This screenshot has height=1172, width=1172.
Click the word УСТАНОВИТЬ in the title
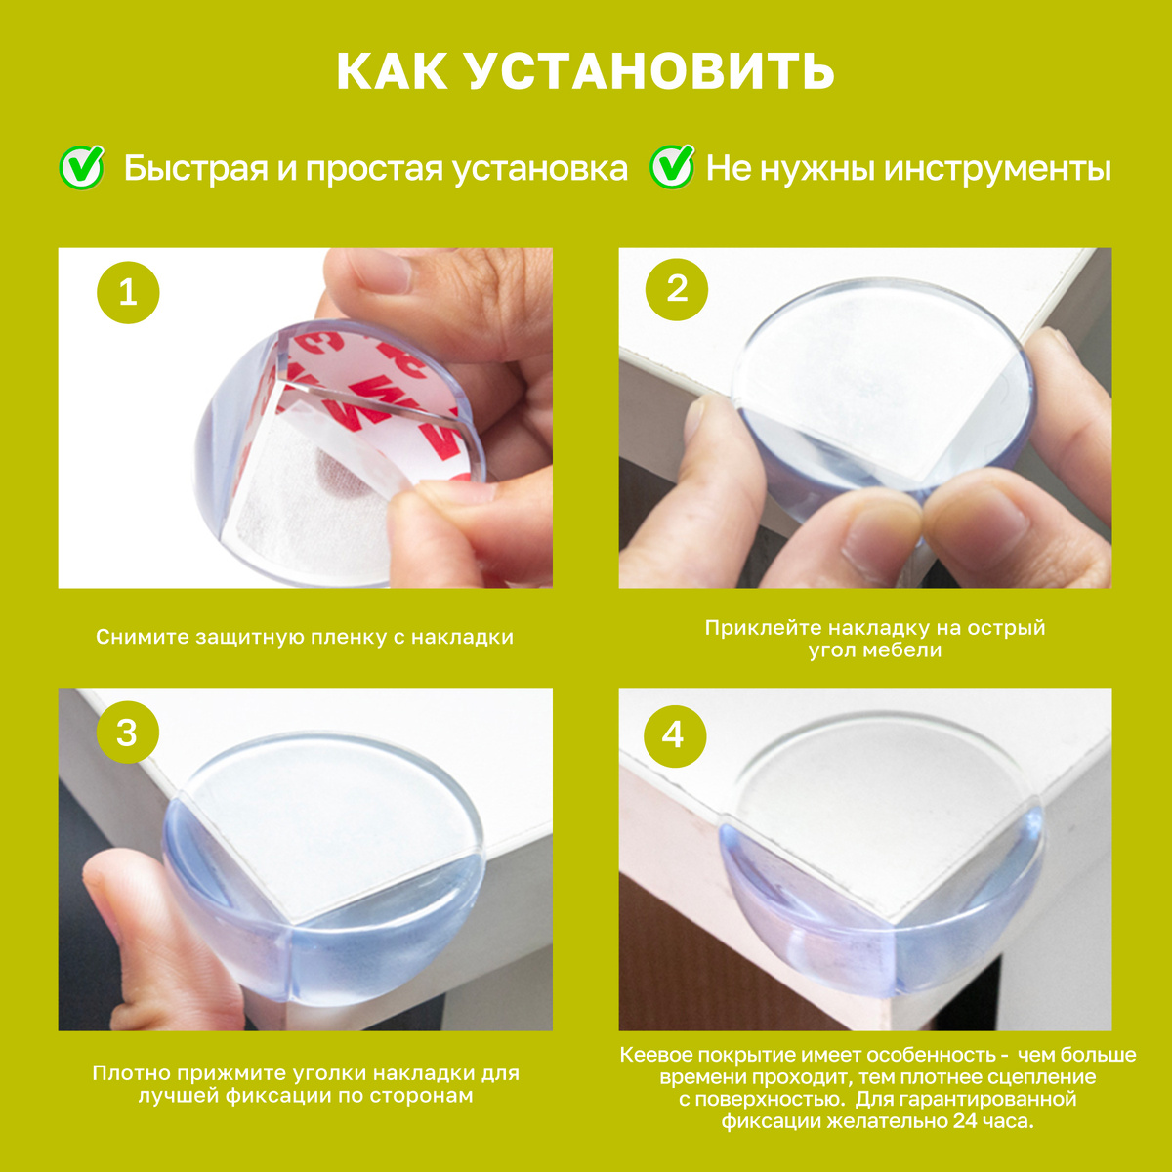pyautogui.click(x=651, y=71)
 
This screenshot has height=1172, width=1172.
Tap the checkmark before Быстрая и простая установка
pyautogui.click(x=82, y=167)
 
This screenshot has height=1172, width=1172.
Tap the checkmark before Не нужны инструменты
pyautogui.click(x=672, y=167)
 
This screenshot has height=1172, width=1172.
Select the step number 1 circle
pyautogui.click(x=128, y=293)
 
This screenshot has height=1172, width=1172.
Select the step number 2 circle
pyautogui.click(x=676, y=289)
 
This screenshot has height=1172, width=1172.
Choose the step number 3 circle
pyautogui.click(x=127, y=732)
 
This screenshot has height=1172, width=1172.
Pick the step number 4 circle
pyautogui.click(x=675, y=736)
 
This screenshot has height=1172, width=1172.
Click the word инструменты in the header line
pyautogui.click(x=997, y=169)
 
